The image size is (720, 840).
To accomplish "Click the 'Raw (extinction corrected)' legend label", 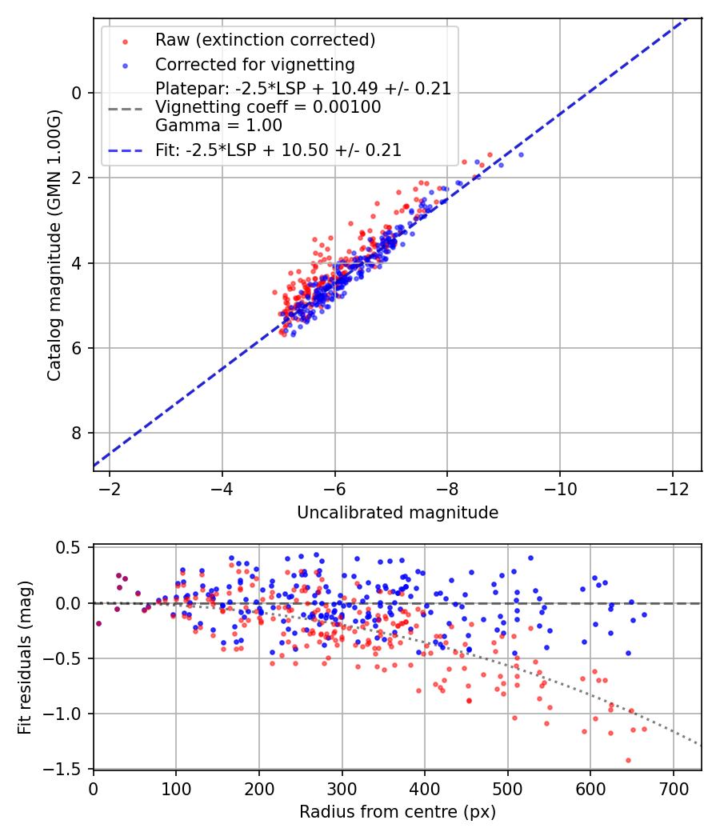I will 265,40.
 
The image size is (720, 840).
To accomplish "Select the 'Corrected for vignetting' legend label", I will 254,64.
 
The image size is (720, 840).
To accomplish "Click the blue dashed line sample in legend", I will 125,150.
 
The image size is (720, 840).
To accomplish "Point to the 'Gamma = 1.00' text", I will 218,125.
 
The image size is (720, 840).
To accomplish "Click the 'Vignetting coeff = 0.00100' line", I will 268,106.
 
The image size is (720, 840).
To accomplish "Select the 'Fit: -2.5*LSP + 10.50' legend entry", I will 278,150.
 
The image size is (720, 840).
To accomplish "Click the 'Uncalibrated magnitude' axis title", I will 398,513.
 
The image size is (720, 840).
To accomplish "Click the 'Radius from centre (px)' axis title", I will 398,812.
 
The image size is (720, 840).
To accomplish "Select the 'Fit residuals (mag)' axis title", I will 24,658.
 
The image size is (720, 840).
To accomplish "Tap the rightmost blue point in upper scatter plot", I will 521,154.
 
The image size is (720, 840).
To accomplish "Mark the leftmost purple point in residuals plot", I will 98,623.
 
